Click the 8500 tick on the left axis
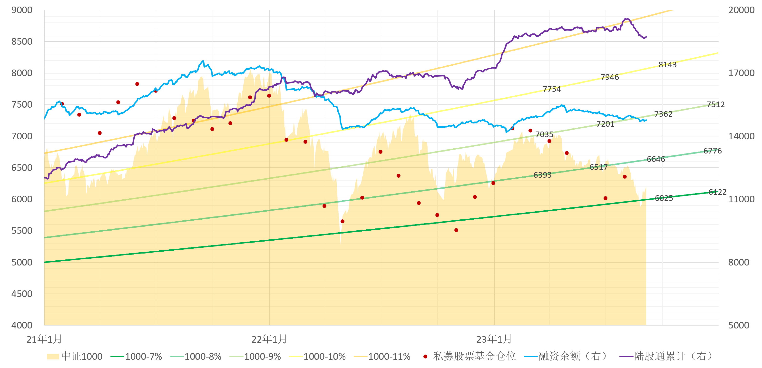pos(22,41)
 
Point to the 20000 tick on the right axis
pos(741,10)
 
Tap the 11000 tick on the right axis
pos(741,199)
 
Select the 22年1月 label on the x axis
pos(269,339)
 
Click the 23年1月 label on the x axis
pos(494,339)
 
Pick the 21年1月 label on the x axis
pos(44,339)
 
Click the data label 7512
pos(715,104)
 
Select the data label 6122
pos(717,192)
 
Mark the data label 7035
pos(544,135)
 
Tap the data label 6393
pos(543,175)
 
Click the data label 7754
pos(552,89)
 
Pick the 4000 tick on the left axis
pos(22,325)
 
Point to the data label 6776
pos(713,151)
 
